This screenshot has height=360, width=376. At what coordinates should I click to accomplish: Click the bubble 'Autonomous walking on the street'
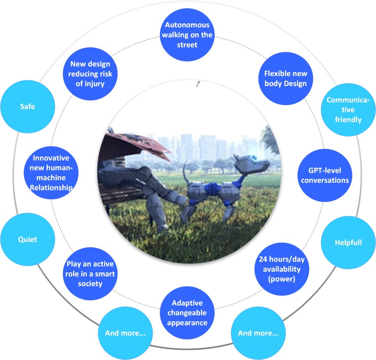(x=187, y=35)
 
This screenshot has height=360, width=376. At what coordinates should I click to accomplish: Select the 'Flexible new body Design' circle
(x=286, y=78)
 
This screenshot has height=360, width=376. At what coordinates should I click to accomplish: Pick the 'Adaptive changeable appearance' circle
(x=187, y=313)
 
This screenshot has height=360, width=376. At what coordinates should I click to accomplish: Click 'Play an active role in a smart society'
(x=90, y=273)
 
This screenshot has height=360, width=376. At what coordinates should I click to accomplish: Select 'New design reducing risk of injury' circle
(x=90, y=73)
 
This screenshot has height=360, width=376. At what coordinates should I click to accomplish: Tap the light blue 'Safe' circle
(x=27, y=106)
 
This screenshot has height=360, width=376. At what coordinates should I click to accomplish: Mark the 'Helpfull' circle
(x=348, y=242)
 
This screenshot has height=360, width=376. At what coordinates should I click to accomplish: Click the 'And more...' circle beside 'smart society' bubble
(x=125, y=333)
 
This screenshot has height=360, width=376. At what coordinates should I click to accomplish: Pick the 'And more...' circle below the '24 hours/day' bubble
(x=258, y=333)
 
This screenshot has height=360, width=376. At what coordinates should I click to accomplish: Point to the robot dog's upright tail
(x=184, y=172)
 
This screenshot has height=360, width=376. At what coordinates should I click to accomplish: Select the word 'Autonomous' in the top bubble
(x=187, y=25)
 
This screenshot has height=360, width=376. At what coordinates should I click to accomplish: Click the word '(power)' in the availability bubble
(x=279, y=279)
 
